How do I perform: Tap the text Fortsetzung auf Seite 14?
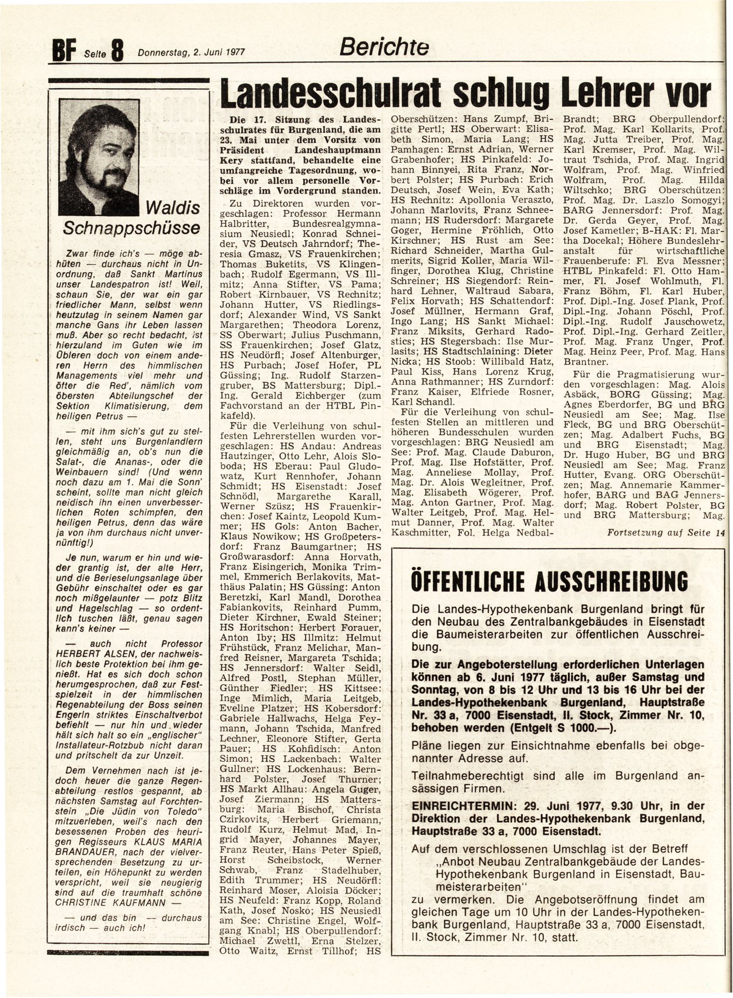[665, 533]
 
